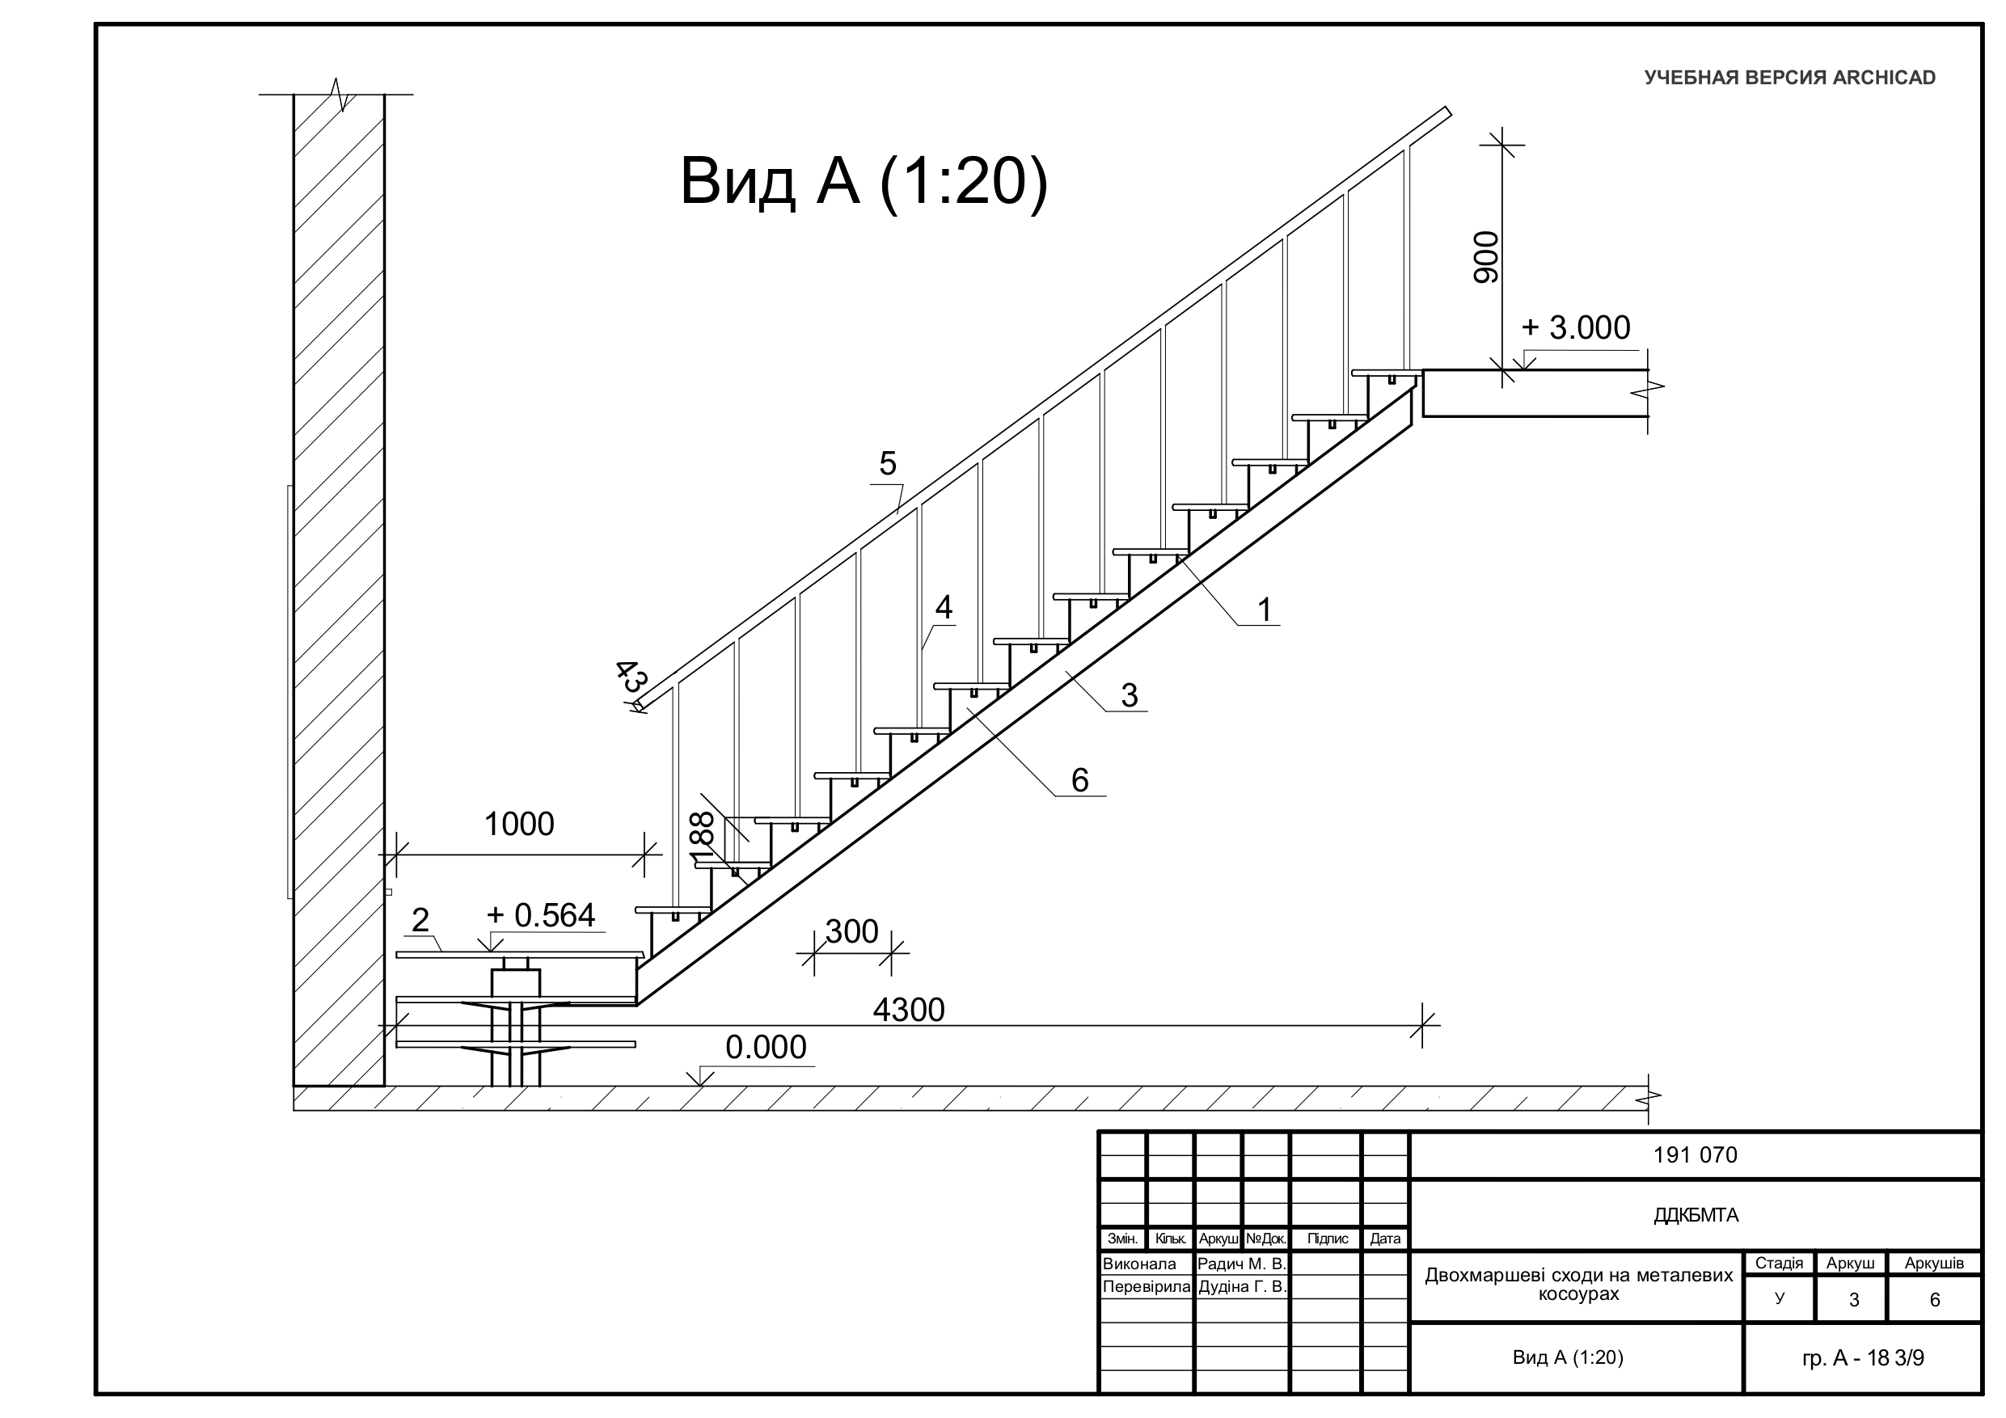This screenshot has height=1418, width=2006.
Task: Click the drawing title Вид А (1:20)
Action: (x=864, y=181)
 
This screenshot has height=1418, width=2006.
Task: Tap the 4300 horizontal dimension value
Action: (x=909, y=1010)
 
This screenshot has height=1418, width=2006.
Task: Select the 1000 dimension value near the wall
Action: (x=519, y=824)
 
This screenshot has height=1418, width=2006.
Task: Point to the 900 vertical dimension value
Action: (x=1486, y=257)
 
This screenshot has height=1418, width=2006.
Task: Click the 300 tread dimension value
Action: (x=852, y=932)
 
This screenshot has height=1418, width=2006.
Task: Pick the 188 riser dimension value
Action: (x=703, y=840)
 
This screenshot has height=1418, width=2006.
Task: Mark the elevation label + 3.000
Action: (x=1575, y=327)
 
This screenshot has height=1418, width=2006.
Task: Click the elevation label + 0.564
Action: (x=541, y=915)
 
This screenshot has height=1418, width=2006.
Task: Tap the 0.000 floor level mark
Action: (x=767, y=1047)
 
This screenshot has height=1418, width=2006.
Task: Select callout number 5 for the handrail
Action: (x=888, y=464)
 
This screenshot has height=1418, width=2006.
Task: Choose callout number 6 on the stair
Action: (x=1080, y=780)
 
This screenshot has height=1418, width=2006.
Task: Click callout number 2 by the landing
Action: (x=420, y=920)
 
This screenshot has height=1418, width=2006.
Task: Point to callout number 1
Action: (x=1265, y=610)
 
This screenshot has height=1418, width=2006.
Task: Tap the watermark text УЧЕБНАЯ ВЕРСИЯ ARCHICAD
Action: (x=1789, y=78)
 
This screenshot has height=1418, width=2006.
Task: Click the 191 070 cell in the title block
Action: (x=1695, y=1155)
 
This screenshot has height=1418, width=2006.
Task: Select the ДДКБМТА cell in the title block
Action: (x=1695, y=1215)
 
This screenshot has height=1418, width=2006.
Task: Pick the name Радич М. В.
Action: (x=1241, y=1264)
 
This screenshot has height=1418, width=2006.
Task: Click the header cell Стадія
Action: (x=1779, y=1264)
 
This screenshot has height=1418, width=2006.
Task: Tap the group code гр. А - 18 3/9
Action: (x=1863, y=1357)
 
